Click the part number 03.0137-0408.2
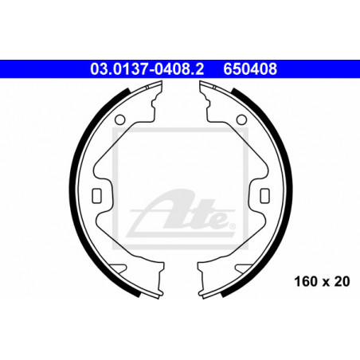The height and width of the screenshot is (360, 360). [147, 68]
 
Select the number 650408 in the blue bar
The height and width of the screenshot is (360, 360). [250, 68]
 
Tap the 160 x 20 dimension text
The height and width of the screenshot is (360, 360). [322, 281]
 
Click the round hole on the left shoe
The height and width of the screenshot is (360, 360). [119, 119]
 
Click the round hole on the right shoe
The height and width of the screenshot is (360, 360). [241, 119]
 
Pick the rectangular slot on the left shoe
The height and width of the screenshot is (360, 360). [96, 196]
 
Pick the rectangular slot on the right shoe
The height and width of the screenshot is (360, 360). [265, 196]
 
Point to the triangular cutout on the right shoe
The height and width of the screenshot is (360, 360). [243, 268]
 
